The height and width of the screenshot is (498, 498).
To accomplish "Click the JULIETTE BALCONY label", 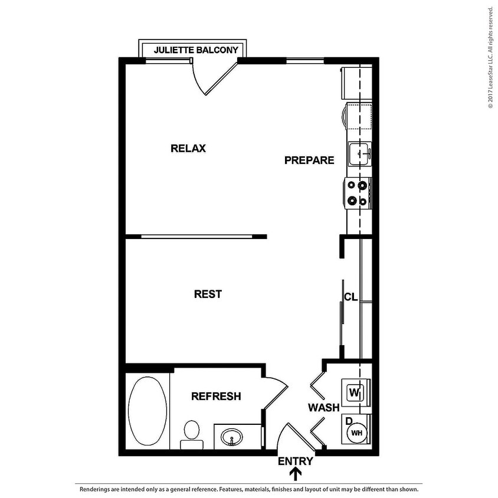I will coord(196,50).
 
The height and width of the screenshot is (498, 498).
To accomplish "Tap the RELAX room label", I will coord(188,148).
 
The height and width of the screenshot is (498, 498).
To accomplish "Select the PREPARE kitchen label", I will coord(309,160).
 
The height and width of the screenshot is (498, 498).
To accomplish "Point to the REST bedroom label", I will coord(208,294).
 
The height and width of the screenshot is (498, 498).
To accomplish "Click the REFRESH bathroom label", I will coord(216,397).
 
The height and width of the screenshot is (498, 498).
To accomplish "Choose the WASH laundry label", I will coord(323,407).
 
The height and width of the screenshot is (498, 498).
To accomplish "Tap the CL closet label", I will coord(351,297).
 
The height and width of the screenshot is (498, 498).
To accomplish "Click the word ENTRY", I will coord(295,461).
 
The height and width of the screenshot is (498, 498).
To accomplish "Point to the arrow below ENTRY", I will coord(296,474).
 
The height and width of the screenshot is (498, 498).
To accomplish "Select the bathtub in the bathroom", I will coord(147,412).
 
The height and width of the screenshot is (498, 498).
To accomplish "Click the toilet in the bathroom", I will coord(191,432).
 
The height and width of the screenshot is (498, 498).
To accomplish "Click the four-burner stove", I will coord(358,193).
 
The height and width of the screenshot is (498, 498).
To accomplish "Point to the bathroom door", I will coord(274,395).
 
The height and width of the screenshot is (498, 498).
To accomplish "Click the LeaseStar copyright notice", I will coord(490,58).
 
